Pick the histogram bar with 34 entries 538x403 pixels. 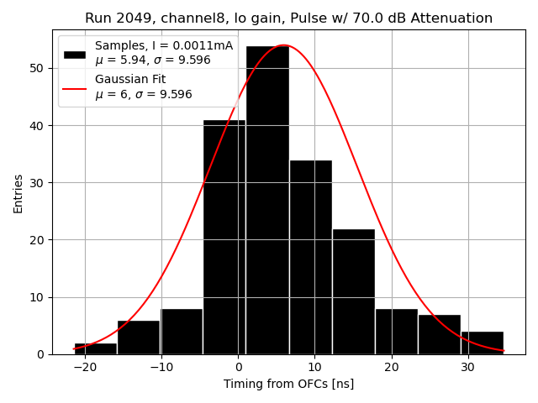(x=310, y=257)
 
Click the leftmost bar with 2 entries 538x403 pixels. (x=95, y=348)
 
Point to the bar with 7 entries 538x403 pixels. (x=439, y=334)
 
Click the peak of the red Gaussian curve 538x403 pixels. (x=283, y=45)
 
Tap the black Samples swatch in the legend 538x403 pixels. (x=75, y=54)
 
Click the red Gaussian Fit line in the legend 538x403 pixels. (x=75, y=86)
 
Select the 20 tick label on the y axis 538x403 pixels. (x=39, y=240)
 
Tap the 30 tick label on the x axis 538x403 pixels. (x=467, y=368)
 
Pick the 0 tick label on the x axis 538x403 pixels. (x=238, y=368)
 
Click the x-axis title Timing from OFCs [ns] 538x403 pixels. (x=288, y=384)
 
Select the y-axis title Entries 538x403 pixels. (x=18, y=193)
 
